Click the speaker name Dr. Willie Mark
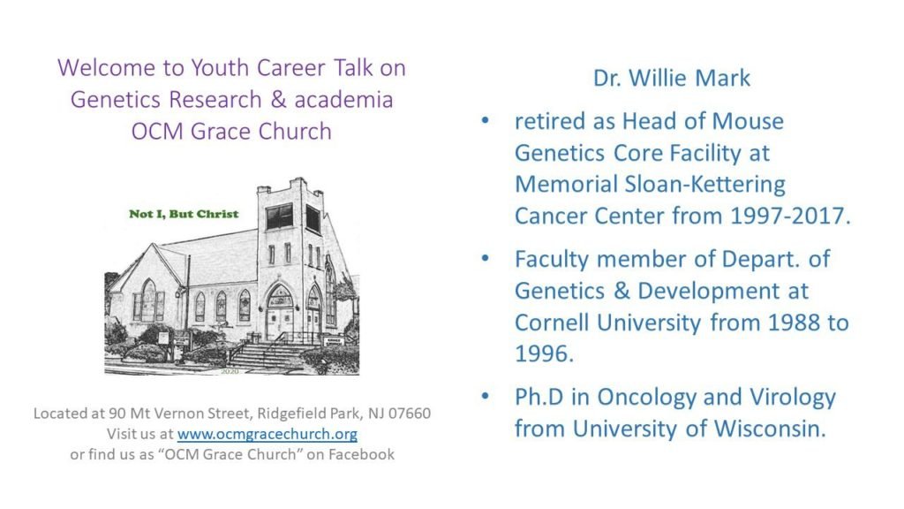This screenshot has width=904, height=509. pos(672,78)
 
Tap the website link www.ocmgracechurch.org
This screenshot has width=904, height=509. pos(267,434)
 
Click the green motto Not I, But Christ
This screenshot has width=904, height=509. pos(184,214)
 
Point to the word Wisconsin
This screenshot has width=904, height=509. pos(770,429)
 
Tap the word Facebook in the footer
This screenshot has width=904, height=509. pos(361,455)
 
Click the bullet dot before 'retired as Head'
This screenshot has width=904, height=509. pos(485,120)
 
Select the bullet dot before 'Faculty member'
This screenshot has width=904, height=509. pos(485,259)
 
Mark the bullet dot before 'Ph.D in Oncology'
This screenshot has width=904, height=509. pos(485,397)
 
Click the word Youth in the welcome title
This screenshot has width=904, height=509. pos(220,67)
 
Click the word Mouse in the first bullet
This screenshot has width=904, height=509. pos(748,121)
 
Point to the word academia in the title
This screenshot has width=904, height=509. pos(343,99)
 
